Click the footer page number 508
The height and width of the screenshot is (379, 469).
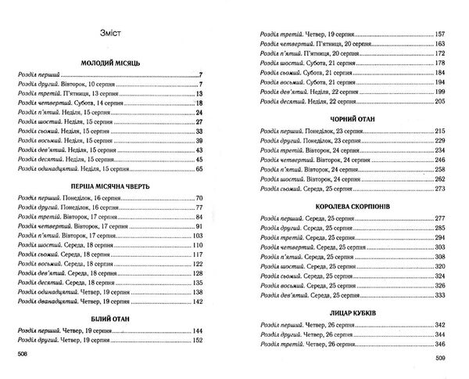click(x=23, y=356)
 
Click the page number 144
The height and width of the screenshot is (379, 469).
click(x=198, y=332)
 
